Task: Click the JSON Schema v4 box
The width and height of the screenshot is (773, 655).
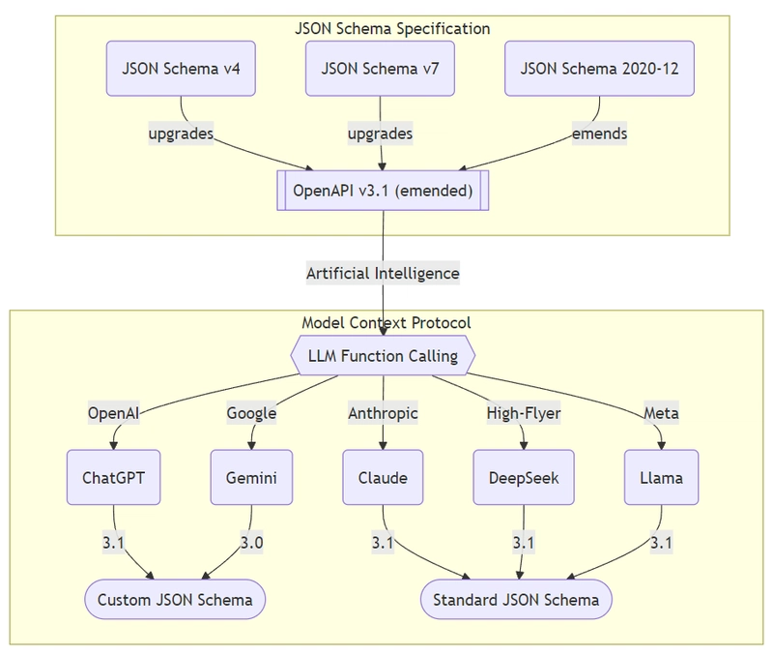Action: [x=181, y=69]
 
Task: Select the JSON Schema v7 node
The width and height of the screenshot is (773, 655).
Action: [x=381, y=69]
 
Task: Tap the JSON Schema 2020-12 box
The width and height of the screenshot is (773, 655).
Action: [x=599, y=69]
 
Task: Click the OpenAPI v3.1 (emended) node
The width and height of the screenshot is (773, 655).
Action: [x=383, y=190]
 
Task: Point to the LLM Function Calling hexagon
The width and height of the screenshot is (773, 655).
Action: [x=383, y=356]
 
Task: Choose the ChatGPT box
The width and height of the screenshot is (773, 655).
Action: [x=114, y=478]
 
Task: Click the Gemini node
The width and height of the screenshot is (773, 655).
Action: [x=251, y=478]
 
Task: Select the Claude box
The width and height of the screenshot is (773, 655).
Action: [x=383, y=478]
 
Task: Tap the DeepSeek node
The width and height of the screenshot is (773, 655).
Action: [x=523, y=478]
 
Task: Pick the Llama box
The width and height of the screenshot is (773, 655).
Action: [x=661, y=478]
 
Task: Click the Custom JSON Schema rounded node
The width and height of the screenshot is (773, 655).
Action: [x=175, y=600]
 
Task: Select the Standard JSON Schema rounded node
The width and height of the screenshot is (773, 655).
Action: [x=516, y=600]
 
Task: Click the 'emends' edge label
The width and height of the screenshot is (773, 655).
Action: [x=599, y=134]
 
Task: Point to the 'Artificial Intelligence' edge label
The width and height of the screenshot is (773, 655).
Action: [x=383, y=274]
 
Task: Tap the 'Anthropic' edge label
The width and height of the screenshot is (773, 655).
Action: [x=383, y=413]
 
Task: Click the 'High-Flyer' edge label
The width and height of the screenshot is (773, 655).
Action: [x=523, y=413]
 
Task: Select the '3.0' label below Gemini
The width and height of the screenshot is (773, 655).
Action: [x=251, y=543]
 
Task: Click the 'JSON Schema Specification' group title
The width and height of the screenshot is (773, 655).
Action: [x=392, y=29]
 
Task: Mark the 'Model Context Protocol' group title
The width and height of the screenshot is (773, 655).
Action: [x=386, y=322]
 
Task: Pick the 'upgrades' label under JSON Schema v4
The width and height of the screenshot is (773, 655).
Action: [x=181, y=134]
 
